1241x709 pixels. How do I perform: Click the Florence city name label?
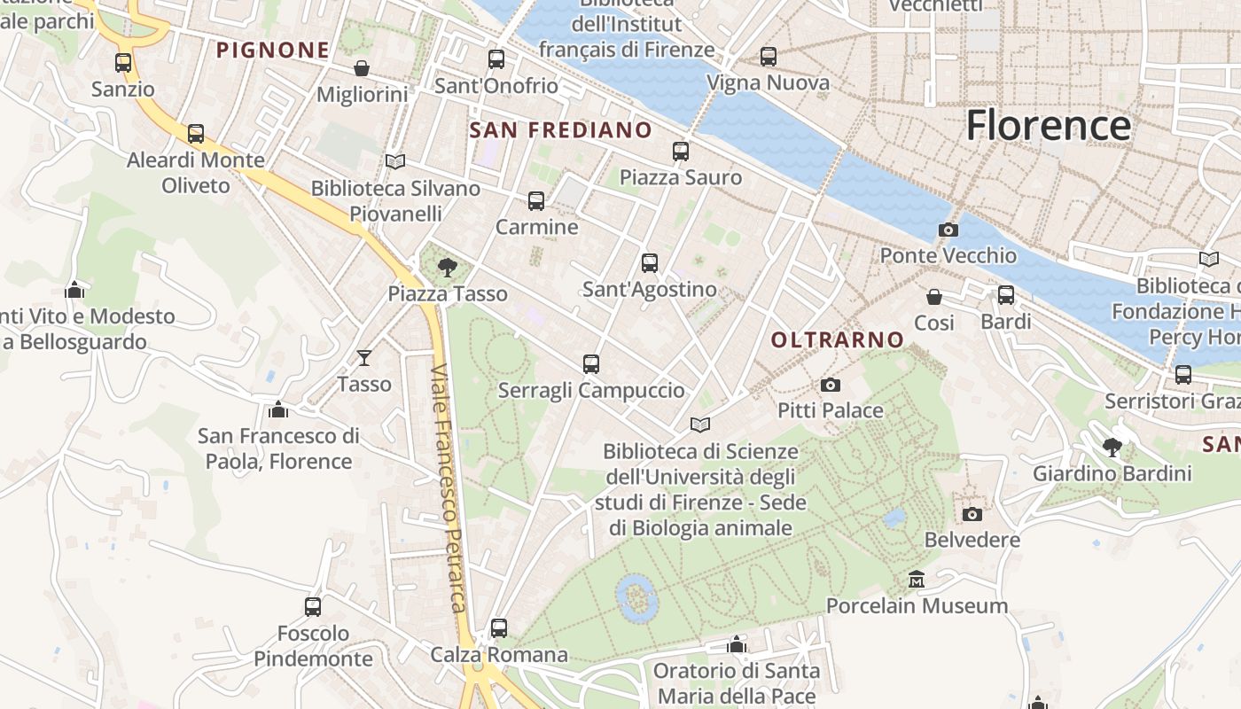point(1048,125)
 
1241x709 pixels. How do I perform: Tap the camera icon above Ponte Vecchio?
point(948,230)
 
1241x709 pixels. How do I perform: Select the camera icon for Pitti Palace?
point(830,385)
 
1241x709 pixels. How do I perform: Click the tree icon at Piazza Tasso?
point(448,267)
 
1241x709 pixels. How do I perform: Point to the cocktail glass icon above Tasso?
point(363,358)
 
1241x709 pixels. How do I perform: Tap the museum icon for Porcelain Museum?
point(917,580)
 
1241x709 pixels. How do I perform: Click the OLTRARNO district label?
point(837,339)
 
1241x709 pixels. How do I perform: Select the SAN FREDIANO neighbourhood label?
point(560,130)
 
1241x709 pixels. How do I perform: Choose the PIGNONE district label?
point(273,51)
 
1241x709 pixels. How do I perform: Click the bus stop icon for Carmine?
point(536,201)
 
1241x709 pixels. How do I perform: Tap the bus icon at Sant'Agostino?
point(650,263)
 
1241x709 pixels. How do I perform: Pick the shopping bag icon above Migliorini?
point(362,68)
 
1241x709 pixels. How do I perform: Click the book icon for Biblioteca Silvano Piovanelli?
point(395,162)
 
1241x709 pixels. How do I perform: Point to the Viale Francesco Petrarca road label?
point(448,487)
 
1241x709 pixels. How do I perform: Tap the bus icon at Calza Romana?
point(499,628)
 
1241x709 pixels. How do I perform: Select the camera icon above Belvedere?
point(972,514)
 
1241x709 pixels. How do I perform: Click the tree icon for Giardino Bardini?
point(1112,448)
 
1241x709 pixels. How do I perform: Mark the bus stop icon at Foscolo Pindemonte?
point(313,607)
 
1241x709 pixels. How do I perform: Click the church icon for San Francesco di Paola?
point(278,409)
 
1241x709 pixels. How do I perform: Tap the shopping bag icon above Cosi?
point(934,297)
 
